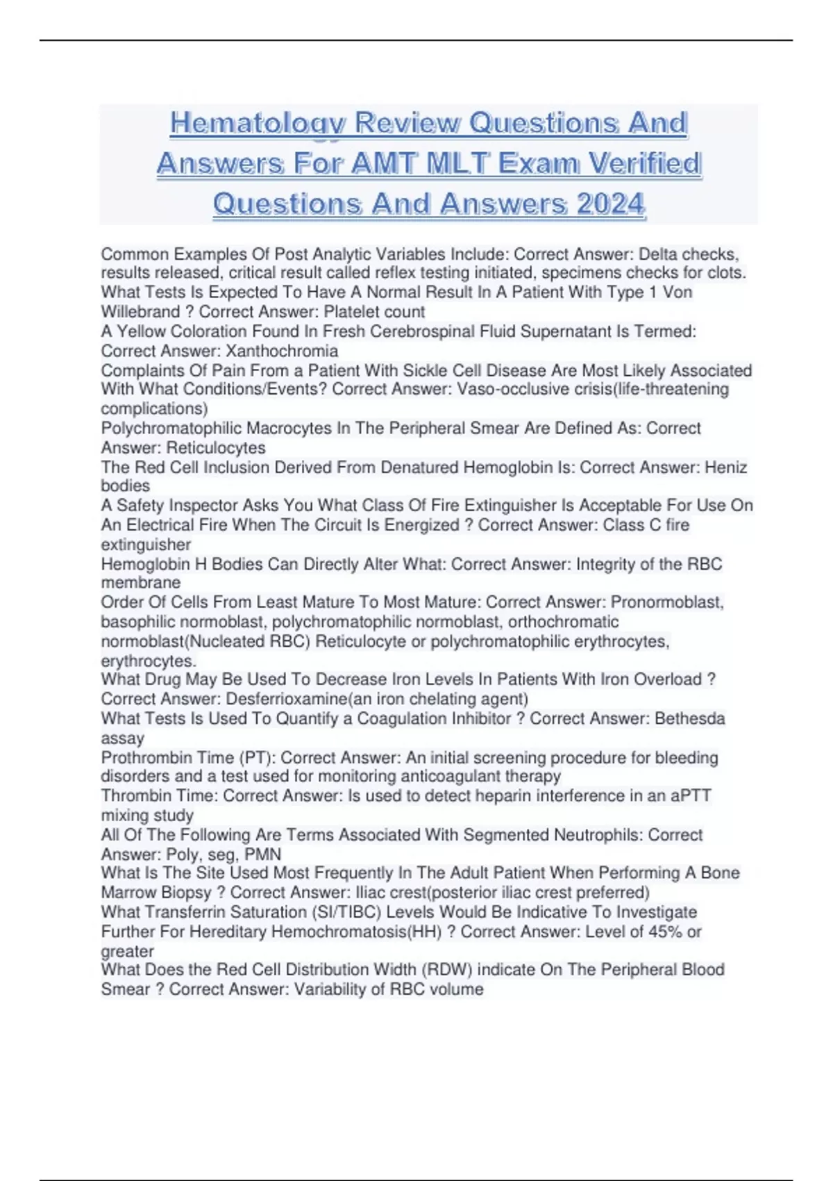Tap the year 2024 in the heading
611,204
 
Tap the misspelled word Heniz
726,468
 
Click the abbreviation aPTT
691,795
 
